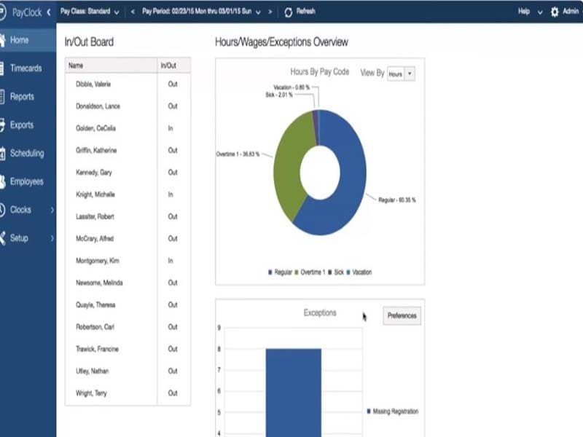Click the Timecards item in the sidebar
tap(26, 68)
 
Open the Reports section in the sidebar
tap(22, 97)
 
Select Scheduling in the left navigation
tap(26, 154)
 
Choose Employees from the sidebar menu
tap(26, 182)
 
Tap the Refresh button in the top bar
tap(300, 12)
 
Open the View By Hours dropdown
tap(400, 74)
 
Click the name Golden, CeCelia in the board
tap(95, 128)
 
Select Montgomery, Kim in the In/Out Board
tap(98, 261)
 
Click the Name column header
tap(76, 66)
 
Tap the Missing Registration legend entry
tap(394, 412)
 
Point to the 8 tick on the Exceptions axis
tap(219, 350)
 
